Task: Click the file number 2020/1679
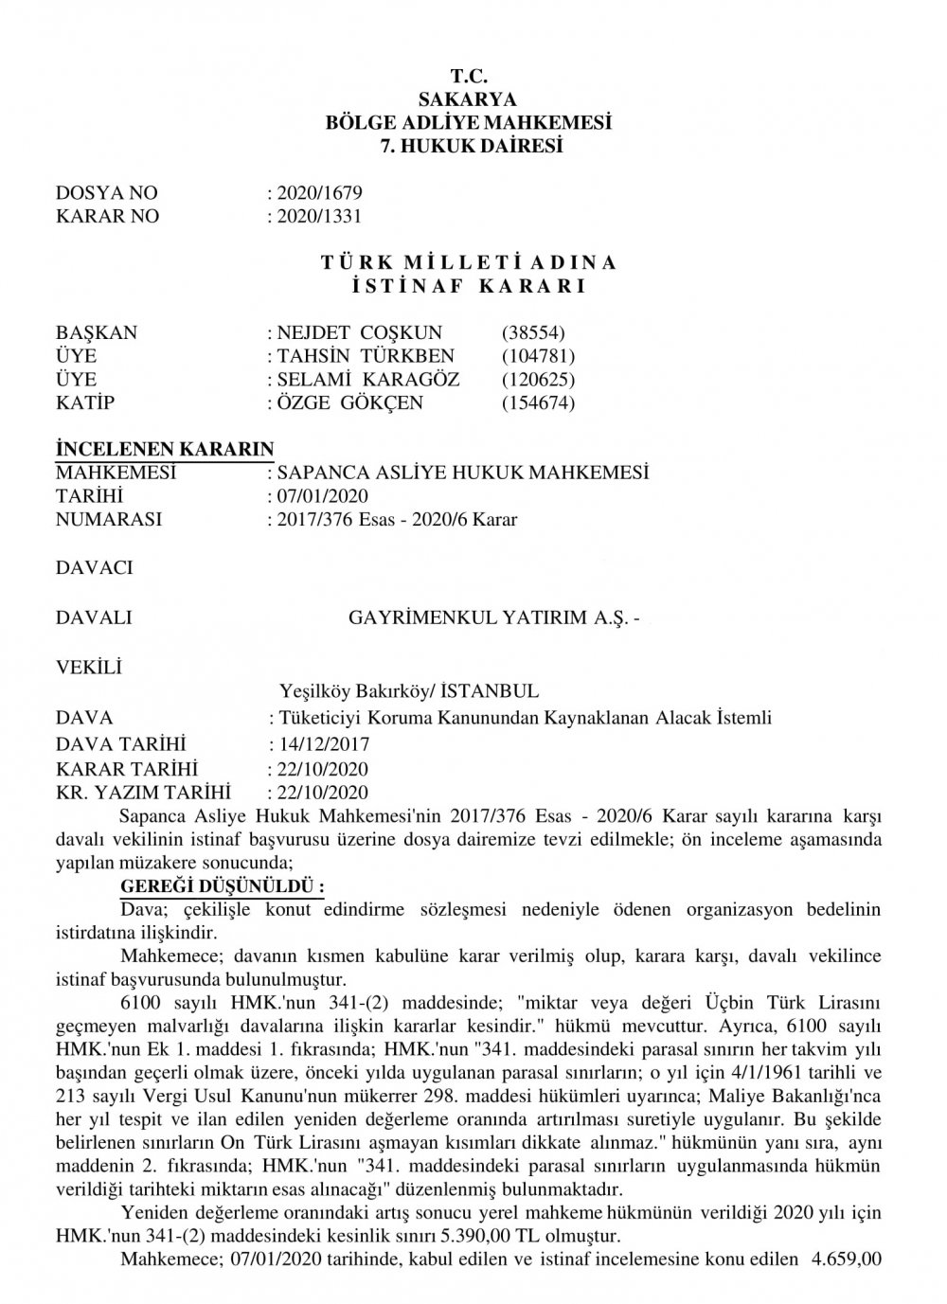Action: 318,192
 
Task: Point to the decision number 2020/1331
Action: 318,216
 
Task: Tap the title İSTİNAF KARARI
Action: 468,286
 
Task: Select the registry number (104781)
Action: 538,356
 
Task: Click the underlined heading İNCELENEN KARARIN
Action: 165,449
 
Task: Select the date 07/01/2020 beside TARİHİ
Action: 322,495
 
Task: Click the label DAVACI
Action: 95,568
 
